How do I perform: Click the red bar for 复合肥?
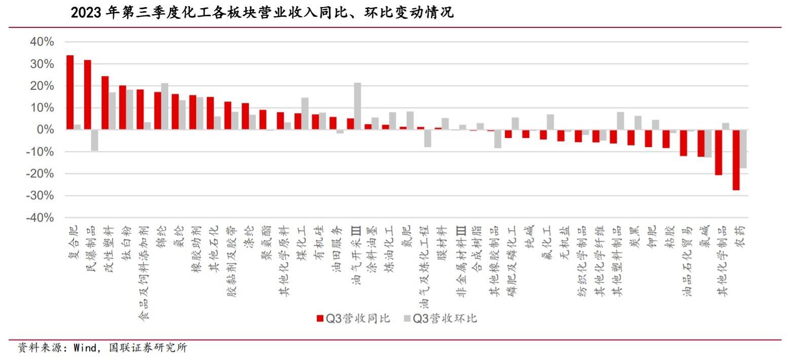pos(70,92)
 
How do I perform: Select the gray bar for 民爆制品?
pos(95,140)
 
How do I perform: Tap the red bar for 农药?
pos(736,160)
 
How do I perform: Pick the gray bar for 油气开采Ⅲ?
pos(357,106)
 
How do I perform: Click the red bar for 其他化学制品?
pos(718,152)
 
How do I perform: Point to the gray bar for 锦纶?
pos(165,106)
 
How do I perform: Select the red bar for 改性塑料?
pos(105,103)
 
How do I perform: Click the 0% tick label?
pos(46,130)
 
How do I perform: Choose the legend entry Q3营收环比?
pos(440,318)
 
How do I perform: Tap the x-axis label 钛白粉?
pos(126,243)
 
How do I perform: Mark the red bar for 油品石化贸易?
pos(683,143)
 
